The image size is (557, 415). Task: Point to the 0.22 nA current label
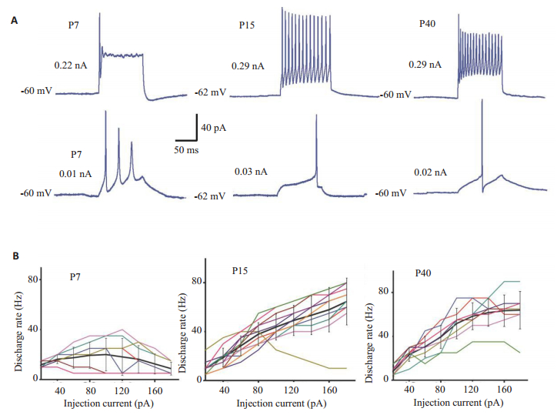(x=71, y=65)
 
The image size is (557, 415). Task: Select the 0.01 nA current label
(x=75, y=173)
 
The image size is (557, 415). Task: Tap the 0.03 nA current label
(x=252, y=172)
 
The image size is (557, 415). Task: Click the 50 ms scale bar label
(x=185, y=150)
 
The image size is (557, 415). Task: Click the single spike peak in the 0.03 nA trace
(x=316, y=115)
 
